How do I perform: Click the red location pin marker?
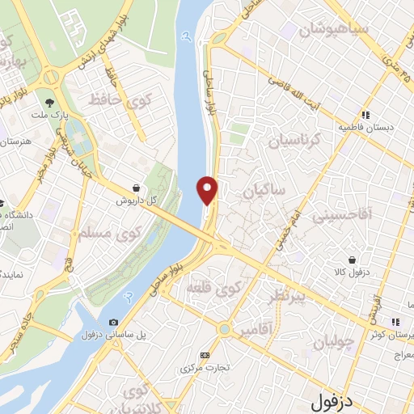tap(208, 189)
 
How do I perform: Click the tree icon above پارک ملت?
tap(50, 102)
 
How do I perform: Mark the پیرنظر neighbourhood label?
tap(286, 298)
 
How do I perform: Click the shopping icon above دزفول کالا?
tap(351, 259)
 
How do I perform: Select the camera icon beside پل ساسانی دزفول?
tap(112, 323)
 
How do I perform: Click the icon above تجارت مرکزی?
tap(205, 354)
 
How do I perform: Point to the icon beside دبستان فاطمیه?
tap(365, 115)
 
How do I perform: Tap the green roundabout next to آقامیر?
tap(223, 329)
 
